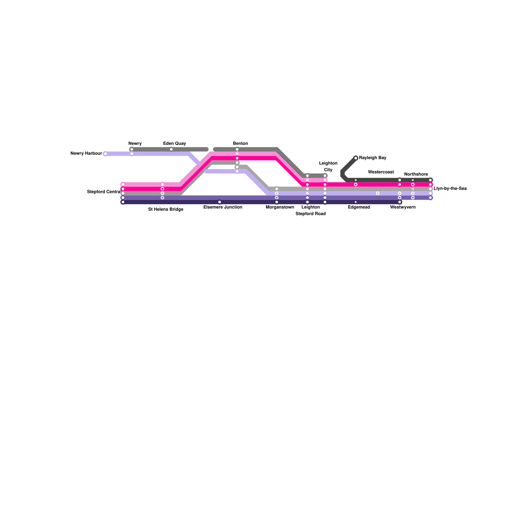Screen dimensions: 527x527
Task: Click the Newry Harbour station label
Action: pos(86,153)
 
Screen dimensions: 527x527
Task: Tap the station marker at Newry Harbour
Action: pos(105,154)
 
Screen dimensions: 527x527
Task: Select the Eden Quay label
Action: pos(175,144)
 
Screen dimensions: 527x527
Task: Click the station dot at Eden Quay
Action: pos(171,150)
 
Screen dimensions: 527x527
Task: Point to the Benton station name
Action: pos(240,144)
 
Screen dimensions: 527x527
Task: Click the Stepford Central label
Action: pos(103,192)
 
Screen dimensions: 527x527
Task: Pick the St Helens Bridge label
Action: pos(166,209)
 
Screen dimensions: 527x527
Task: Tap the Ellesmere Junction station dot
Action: pos(220,202)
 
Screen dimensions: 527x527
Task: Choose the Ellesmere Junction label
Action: pos(223,208)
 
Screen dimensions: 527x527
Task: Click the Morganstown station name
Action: pos(280,208)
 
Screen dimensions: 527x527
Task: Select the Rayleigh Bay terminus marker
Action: pos(356,158)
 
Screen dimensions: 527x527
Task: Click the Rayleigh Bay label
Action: pos(373,158)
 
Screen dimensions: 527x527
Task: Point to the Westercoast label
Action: pos(381,172)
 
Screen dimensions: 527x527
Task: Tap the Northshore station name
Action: pos(416,175)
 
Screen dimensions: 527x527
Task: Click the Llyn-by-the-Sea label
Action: pos(450,189)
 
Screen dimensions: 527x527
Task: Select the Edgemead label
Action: pos(359,208)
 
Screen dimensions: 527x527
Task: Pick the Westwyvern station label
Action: pos(403,208)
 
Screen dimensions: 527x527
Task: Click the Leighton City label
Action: pos(328,167)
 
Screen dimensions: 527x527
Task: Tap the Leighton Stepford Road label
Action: pos(311,210)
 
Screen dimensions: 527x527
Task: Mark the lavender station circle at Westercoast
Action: pos(378,193)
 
